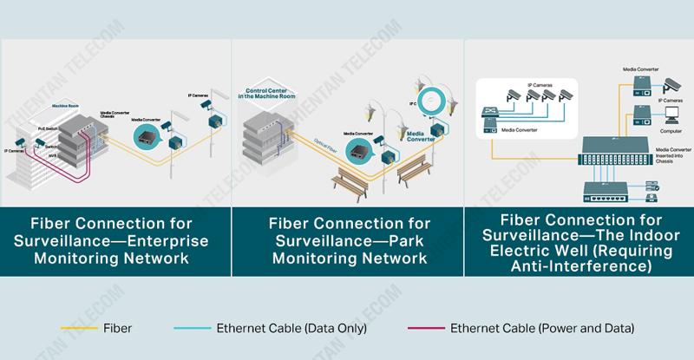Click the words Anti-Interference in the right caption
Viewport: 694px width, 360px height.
pos(580,266)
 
